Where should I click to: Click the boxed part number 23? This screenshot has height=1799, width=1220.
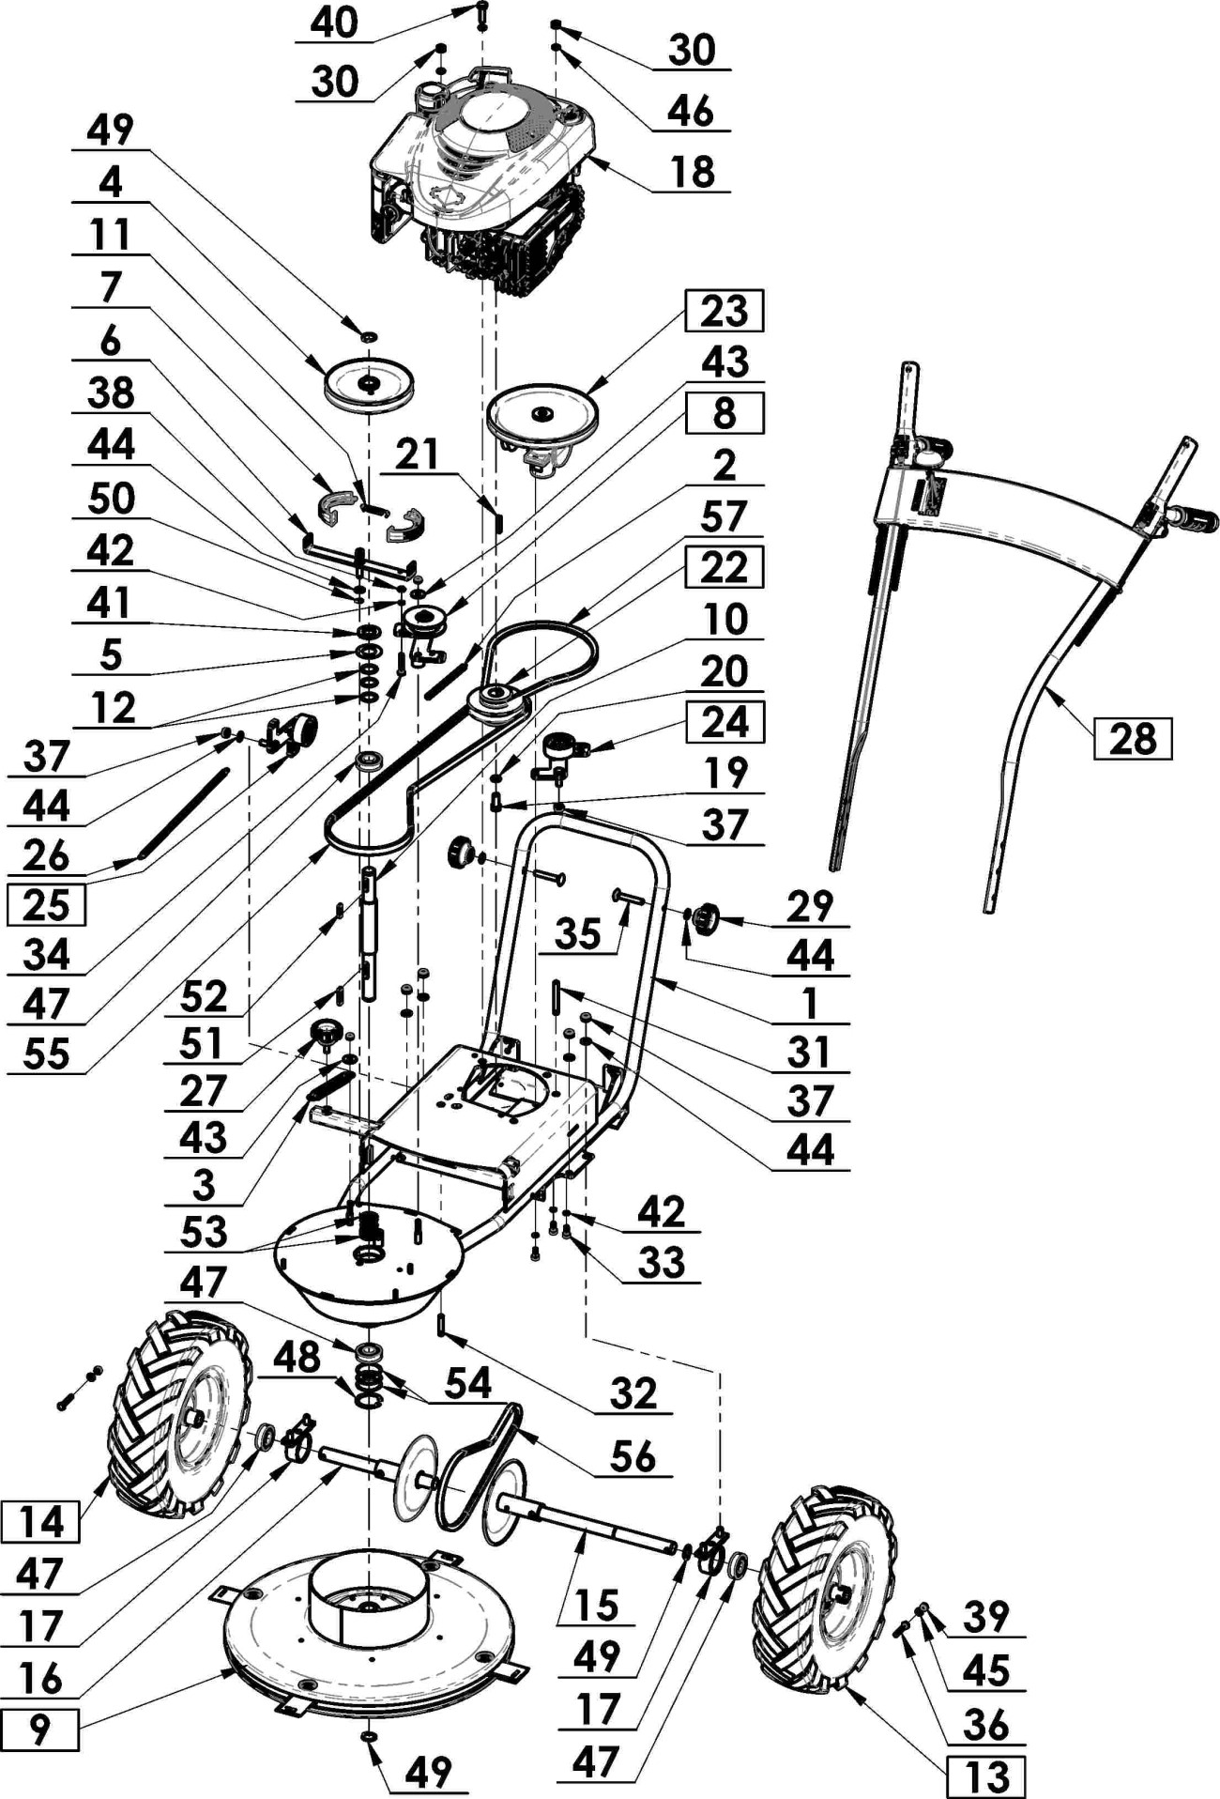point(724,311)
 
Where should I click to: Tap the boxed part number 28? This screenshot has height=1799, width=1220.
point(1133,738)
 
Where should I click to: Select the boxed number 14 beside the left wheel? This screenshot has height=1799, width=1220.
point(41,1521)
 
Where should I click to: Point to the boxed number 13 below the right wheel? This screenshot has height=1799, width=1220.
point(985,1776)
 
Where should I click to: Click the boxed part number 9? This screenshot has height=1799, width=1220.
point(39,1730)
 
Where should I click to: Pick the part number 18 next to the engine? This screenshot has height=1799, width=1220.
point(693,172)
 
